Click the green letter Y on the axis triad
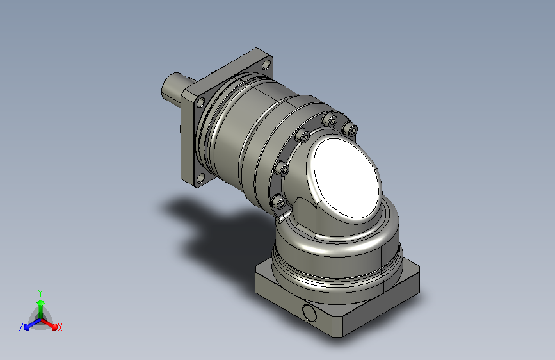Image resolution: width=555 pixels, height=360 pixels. pos(40,293)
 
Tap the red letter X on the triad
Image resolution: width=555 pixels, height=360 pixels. pos(60,327)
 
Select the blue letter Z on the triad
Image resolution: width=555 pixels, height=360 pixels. pos(21,327)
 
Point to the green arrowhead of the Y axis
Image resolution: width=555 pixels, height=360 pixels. pos(41,302)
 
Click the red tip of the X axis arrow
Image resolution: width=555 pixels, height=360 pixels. pos(54,327)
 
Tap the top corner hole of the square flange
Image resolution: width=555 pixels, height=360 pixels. pos(266,65)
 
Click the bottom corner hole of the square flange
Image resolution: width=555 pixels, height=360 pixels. pos(201,179)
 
